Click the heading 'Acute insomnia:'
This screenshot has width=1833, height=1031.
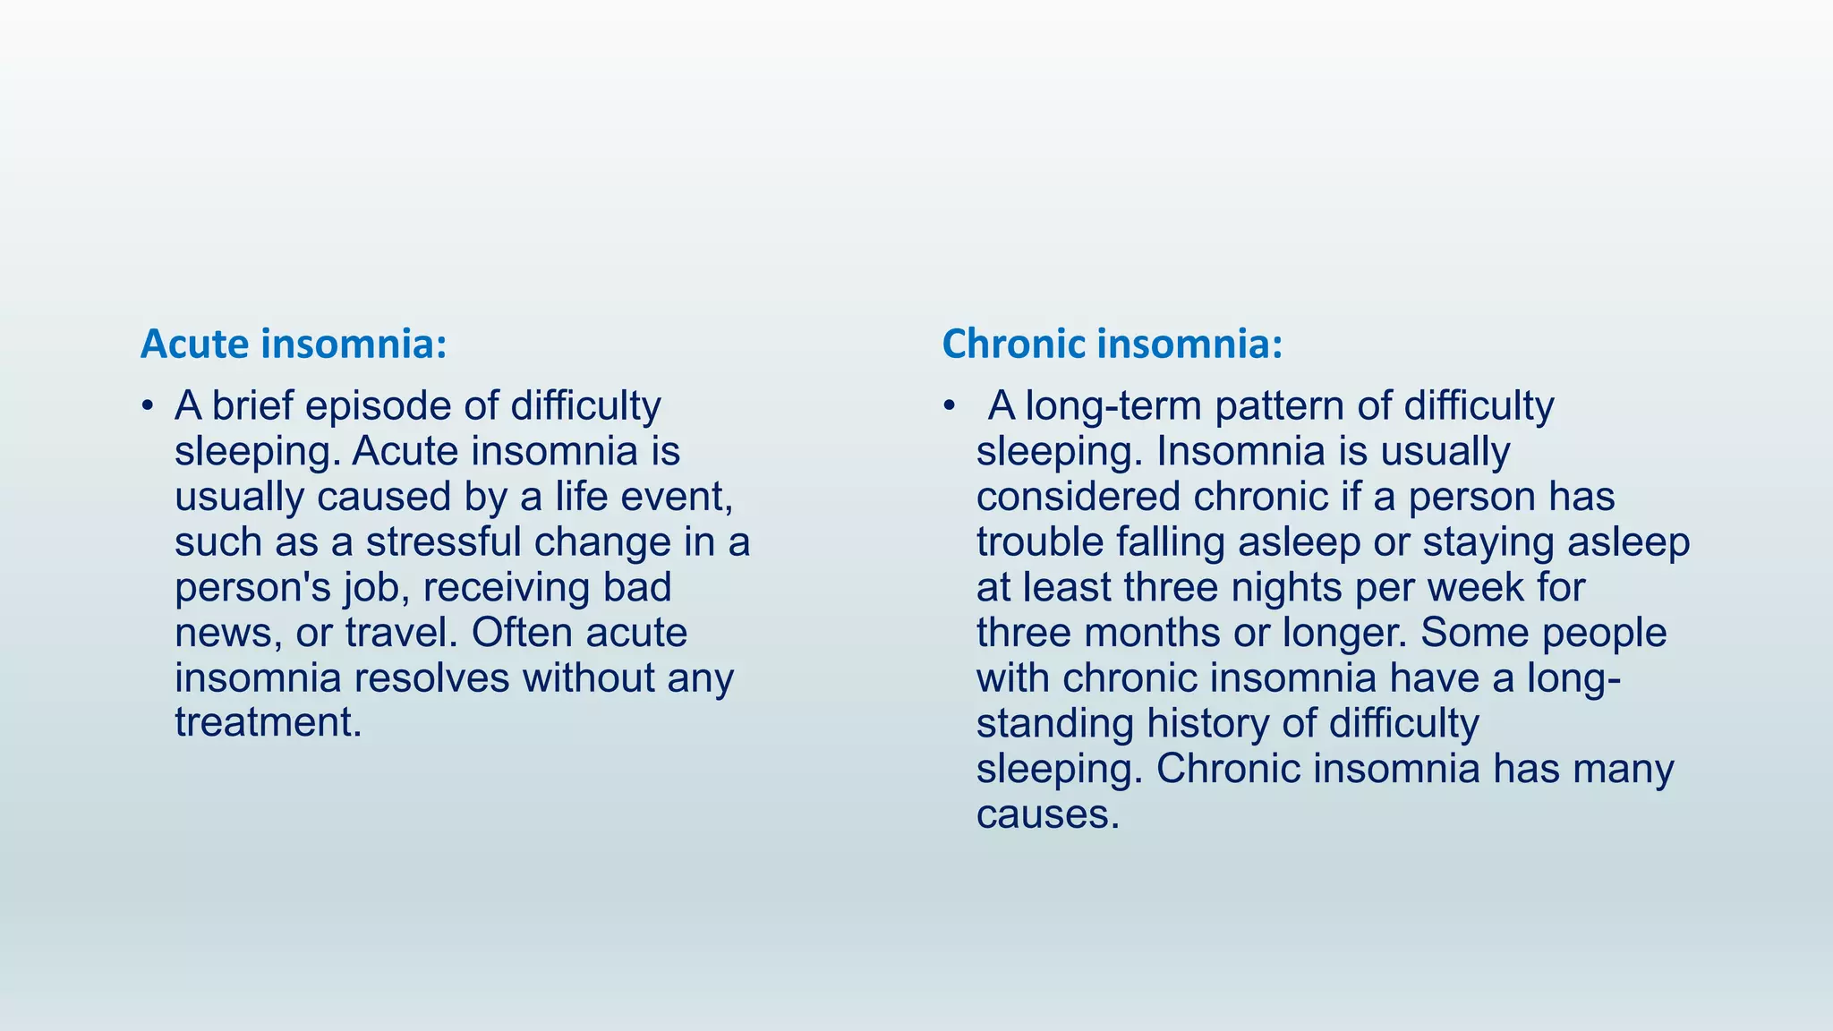(x=293, y=344)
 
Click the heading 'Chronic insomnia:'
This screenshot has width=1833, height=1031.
(x=1112, y=344)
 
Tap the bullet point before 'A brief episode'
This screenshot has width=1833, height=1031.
(x=148, y=406)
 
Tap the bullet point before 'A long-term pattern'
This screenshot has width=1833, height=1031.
(x=950, y=406)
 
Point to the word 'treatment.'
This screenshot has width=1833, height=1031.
(x=269, y=723)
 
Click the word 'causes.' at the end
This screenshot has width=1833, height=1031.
(x=1048, y=814)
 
